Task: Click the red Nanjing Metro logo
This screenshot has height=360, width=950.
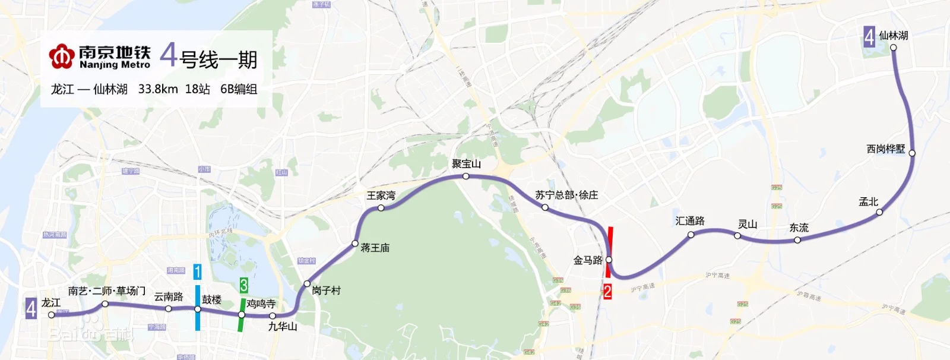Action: click(61, 56)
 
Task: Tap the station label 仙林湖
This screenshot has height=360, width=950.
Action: click(893, 36)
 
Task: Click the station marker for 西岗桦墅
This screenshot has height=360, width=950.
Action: click(912, 153)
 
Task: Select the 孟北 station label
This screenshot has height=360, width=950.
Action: click(868, 202)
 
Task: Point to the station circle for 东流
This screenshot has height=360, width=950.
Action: click(797, 240)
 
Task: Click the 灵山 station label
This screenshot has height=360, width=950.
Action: click(747, 224)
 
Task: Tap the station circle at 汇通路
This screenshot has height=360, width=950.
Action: click(691, 235)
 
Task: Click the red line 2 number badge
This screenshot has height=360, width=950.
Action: click(607, 291)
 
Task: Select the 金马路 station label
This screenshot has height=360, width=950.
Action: click(587, 260)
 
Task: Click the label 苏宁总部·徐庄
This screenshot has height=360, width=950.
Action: click(566, 195)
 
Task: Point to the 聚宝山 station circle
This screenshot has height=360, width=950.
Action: click(466, 176)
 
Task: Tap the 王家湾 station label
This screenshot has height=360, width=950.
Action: click(381, 195)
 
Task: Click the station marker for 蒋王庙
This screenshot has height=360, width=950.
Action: click(355, 243)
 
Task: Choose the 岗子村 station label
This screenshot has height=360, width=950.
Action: click(326, 290)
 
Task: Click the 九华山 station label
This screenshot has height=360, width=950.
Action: click(283, 326)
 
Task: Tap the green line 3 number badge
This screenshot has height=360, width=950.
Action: click(243, 285)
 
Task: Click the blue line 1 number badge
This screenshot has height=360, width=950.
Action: click(197, 272)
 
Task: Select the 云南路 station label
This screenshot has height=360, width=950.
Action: click(169, 296)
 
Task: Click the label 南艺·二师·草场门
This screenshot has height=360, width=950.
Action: click(107, 290)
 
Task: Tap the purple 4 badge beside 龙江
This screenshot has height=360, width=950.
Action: click(31, 308)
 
